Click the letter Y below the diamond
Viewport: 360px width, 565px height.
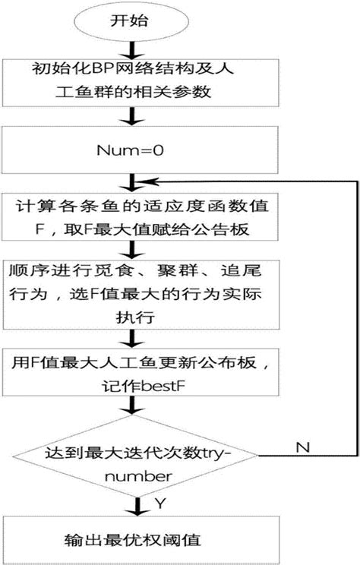point(159,504)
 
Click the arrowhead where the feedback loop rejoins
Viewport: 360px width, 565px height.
point(144,182)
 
